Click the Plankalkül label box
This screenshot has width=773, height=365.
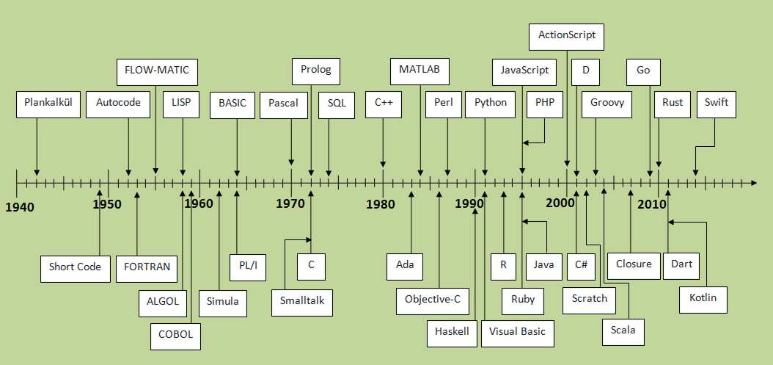coord(48,104)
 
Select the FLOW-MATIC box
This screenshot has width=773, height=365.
coord(157,71)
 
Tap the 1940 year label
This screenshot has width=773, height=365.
coord(20,207)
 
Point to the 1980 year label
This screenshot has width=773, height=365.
coord(381,203)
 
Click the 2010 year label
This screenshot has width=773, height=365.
coord(652,203)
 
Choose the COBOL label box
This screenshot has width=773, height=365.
coord(175,335)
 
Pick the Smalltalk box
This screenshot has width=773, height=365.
coord(302,302)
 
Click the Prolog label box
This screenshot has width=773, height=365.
coord(316,71)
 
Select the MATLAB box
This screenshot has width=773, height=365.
coord(420,71)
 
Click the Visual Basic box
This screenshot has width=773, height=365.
coord(518,332)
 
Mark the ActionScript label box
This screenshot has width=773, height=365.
coord(567,35)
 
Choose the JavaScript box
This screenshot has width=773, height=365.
coord(524,71)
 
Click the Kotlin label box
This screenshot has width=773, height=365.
coord(703,298)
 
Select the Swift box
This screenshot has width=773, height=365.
coord(716,103)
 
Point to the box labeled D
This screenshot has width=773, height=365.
coord(585,71)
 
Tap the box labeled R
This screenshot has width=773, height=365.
coord(503,265)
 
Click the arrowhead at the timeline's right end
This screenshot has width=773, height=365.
coord(752,181)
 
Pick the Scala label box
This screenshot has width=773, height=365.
coord(623,330)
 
